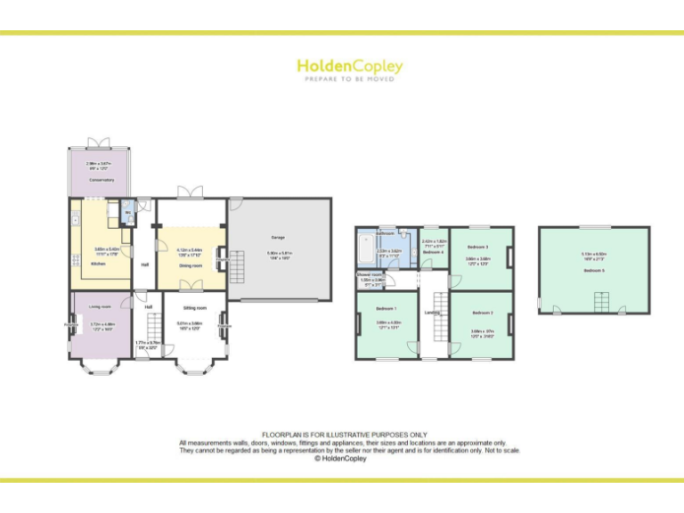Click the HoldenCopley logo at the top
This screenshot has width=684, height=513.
(x=349, y=67)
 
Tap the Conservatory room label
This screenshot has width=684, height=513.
(x=101, y=180)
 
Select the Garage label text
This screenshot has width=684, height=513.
(x=278, y=238)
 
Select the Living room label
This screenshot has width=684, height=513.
(x=100, y=307)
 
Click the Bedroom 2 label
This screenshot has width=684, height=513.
(x=482, y=313)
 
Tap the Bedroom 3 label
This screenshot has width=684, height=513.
(x=480, y=247)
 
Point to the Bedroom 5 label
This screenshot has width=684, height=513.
(x=593, y=270)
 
